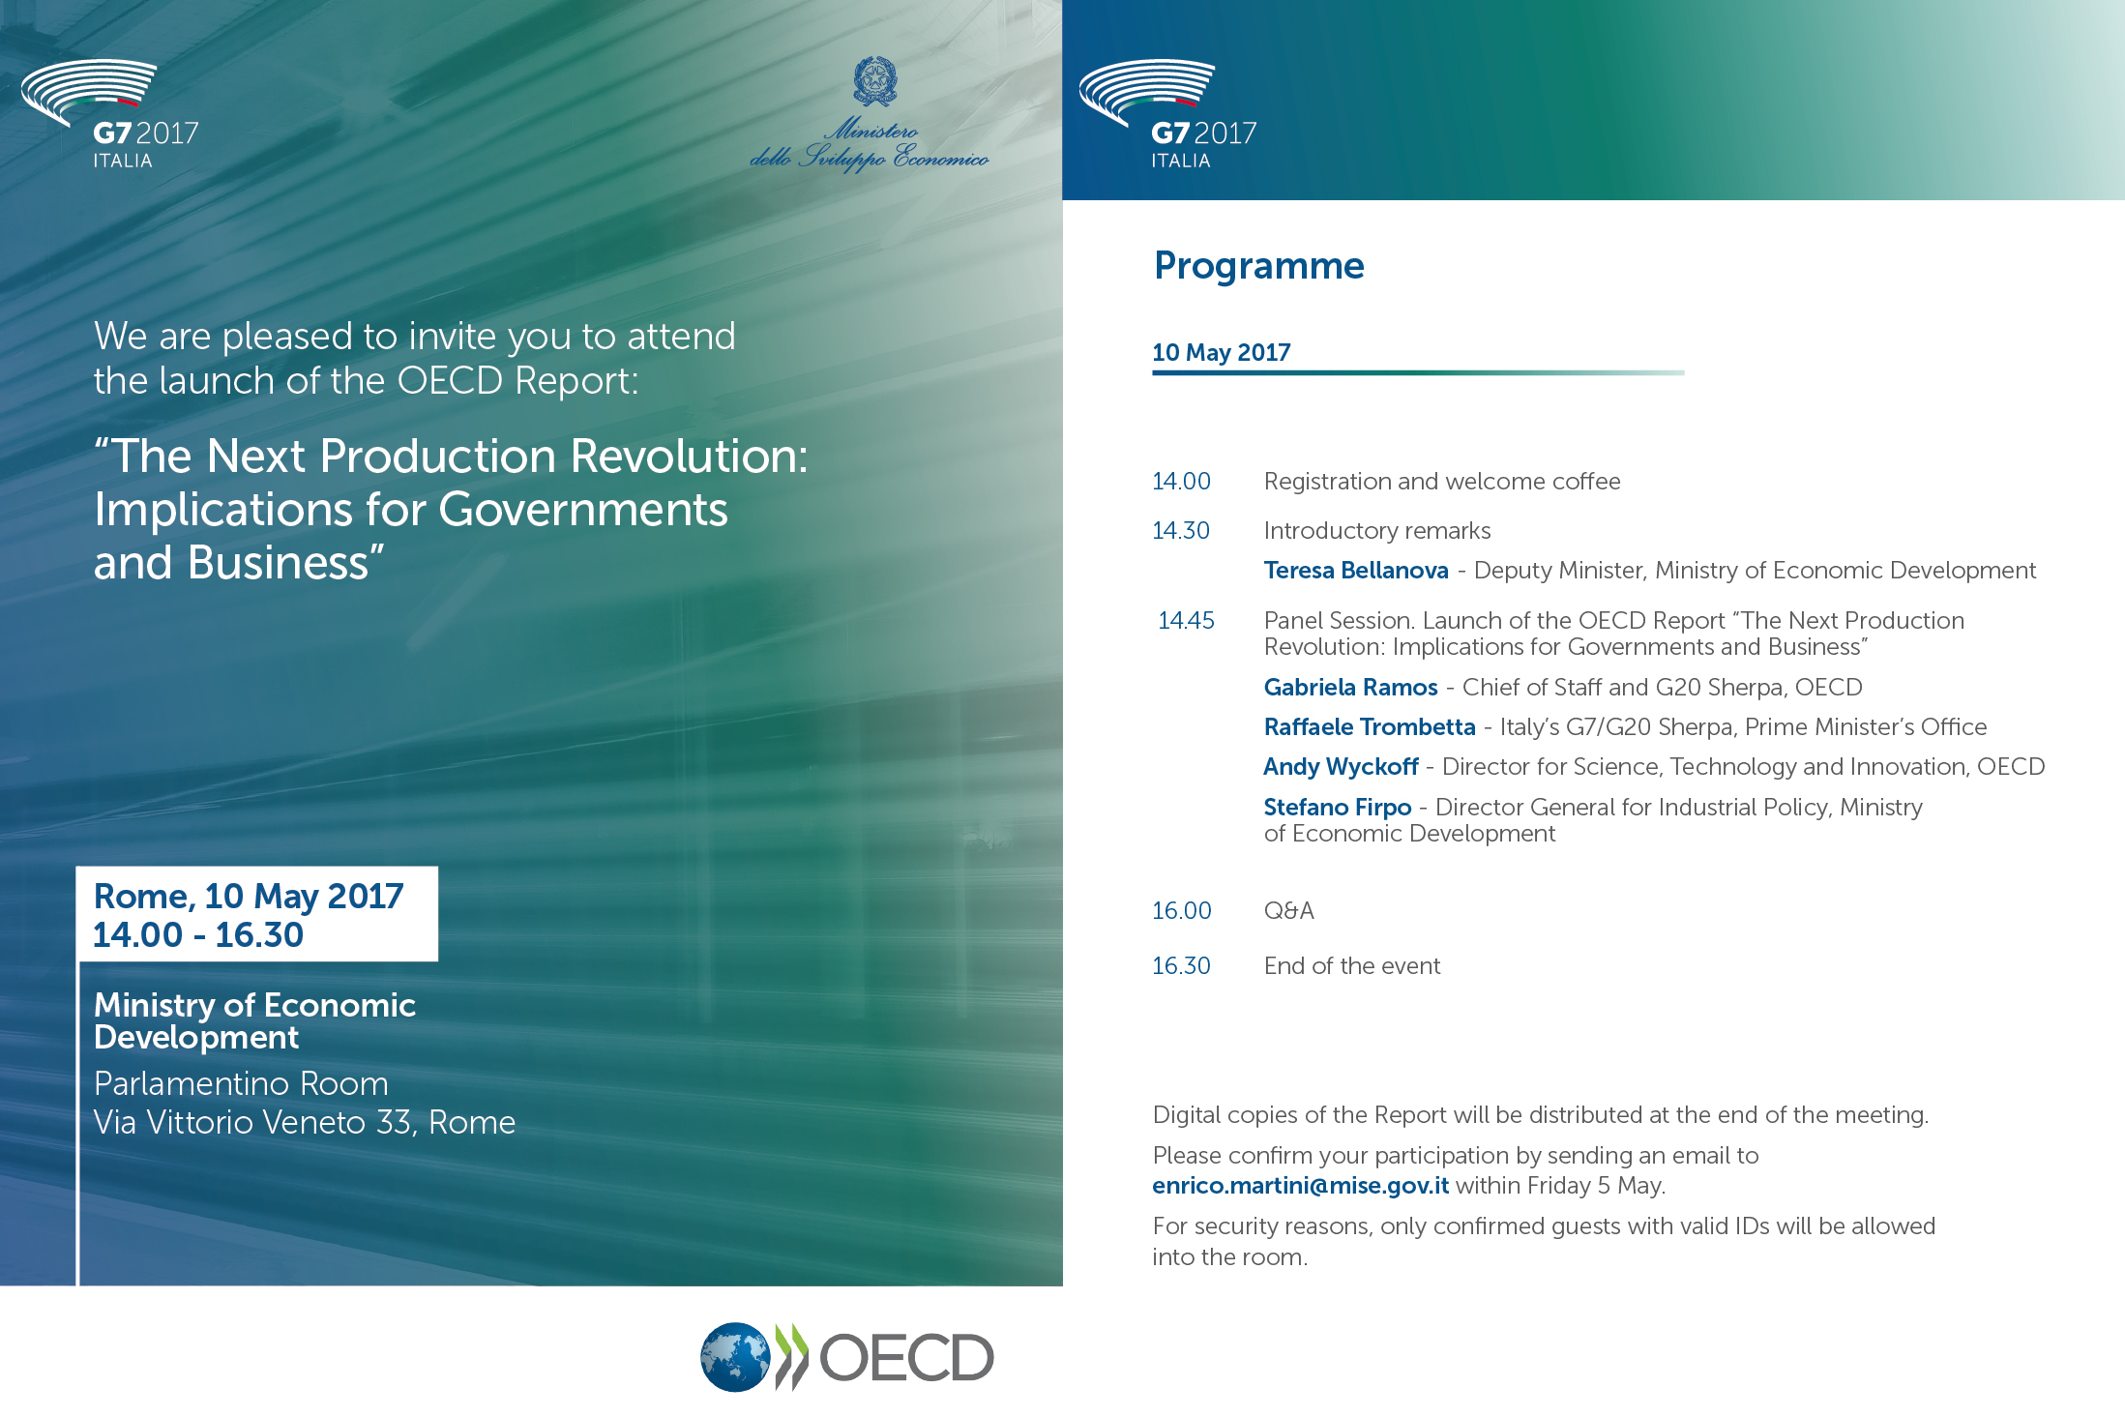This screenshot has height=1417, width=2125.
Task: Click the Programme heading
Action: (1258, 266)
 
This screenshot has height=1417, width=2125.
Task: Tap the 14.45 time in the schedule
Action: (1186, 620)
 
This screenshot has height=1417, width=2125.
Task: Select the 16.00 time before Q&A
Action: (1181, 910)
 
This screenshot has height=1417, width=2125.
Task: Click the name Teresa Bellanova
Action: (1355, 571)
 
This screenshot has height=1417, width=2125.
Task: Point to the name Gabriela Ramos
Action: (1350, 688)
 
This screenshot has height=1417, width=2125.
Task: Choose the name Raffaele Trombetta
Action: (1369, 727)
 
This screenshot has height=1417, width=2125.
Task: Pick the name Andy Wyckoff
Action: (1341, 767)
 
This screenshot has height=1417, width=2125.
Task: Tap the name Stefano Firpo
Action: (1337, 807)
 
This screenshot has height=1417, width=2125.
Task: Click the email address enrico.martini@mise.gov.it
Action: (1300, 1186)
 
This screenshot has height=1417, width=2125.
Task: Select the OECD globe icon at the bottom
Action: (735, 1357)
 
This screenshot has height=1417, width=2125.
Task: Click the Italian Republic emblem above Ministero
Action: (874, 81)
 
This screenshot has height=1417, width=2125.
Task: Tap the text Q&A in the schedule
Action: (1288, 910)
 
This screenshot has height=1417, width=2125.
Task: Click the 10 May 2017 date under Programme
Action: (1221, 352)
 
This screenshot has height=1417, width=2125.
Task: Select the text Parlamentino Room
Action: (241, 1083)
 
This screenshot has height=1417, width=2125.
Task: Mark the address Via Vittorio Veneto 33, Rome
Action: (304, 1122)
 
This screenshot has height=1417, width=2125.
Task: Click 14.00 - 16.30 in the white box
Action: (198, 935)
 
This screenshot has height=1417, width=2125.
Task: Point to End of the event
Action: (1351, 965)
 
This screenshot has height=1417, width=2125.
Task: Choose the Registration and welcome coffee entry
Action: (1441, 482)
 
